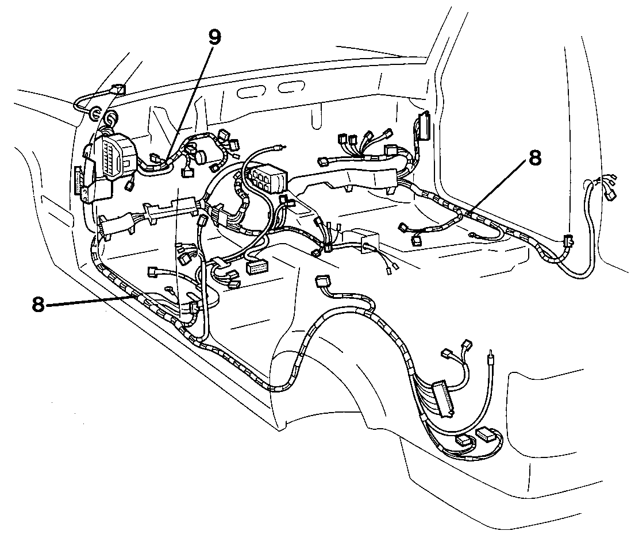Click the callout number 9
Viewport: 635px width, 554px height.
[215, 37]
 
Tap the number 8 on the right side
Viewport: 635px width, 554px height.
[534, 158]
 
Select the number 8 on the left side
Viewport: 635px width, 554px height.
[38, 304]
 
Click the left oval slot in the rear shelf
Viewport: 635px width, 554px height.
[249, 91]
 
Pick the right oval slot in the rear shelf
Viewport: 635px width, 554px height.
[291, 87]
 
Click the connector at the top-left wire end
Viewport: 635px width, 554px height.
[118, 89]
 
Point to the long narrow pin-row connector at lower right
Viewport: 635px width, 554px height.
[442, 398]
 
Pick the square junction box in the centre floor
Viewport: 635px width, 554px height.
[366, 241]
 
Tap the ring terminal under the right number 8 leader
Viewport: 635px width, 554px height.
[472, 234]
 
